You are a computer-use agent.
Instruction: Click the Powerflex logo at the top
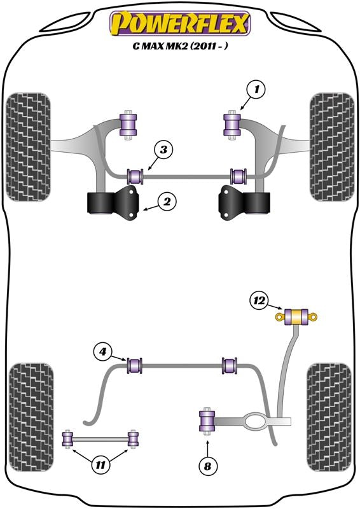(180, 24)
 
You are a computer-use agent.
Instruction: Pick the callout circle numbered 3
(163, 151)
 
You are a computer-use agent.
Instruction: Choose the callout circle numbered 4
(103, 351)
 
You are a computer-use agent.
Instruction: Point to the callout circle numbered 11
(99, 466)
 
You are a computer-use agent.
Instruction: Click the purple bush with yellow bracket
(296, 316)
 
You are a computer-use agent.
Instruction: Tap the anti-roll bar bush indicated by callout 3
(135, 174)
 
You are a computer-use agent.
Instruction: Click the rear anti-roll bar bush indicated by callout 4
(135, 366)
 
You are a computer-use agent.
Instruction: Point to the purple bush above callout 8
(207, 422)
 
